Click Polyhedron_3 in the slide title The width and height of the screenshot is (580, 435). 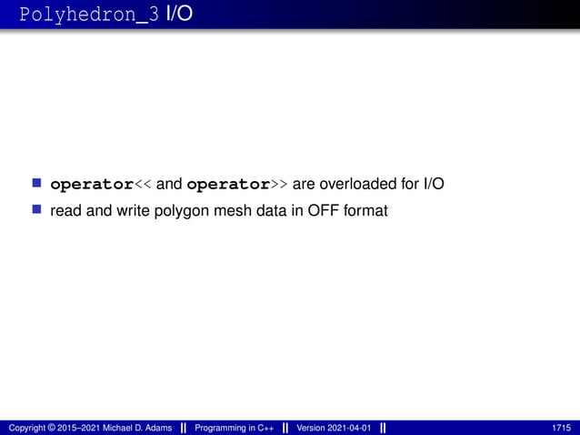(89, 15)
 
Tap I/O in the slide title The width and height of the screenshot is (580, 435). (179, 15)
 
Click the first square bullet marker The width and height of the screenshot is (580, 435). (37, 184)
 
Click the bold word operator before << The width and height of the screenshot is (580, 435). (92, 185)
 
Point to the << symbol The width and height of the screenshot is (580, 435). (144, 185)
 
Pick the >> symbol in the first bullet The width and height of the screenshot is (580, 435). (280, 185)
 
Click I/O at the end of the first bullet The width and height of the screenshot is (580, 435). (434, 185)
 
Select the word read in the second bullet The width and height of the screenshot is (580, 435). (65, 212)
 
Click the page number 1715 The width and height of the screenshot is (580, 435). (562, 428)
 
